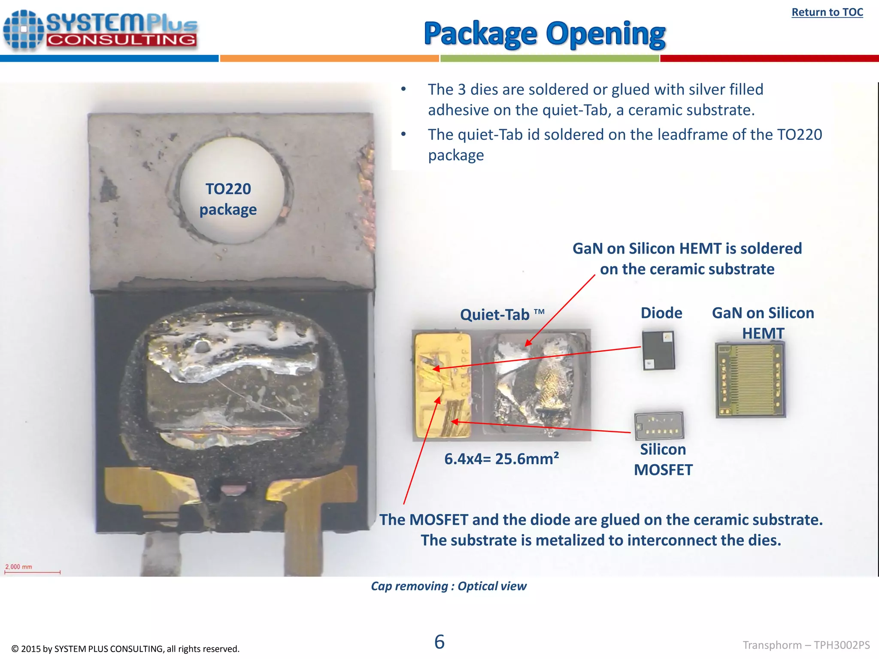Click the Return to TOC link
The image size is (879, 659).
coord(827,12)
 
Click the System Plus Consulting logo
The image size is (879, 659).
coord(100,30)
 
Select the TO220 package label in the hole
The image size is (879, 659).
coord(228,199)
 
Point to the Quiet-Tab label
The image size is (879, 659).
coord(502,314)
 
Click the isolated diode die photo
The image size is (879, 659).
coord(658,350)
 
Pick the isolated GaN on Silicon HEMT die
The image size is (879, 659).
coord(750,380)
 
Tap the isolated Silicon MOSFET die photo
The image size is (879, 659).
coord(659,425)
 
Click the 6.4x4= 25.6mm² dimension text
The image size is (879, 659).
coord(501,459)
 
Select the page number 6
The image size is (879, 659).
coord(439,642)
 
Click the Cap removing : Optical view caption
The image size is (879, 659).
coord(449,586)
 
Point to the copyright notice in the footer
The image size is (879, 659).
coord(125,649)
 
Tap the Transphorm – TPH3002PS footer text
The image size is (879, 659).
coord(806,645)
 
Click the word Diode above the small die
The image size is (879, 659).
coord(661,313)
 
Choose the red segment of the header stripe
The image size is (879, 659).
coord(769,58)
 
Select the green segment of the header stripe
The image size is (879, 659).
coord(549,58)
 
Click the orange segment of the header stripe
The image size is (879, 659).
coord(329,58)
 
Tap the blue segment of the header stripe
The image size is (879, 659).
coord(109,58)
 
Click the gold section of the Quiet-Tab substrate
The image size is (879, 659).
coord(442,384)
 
